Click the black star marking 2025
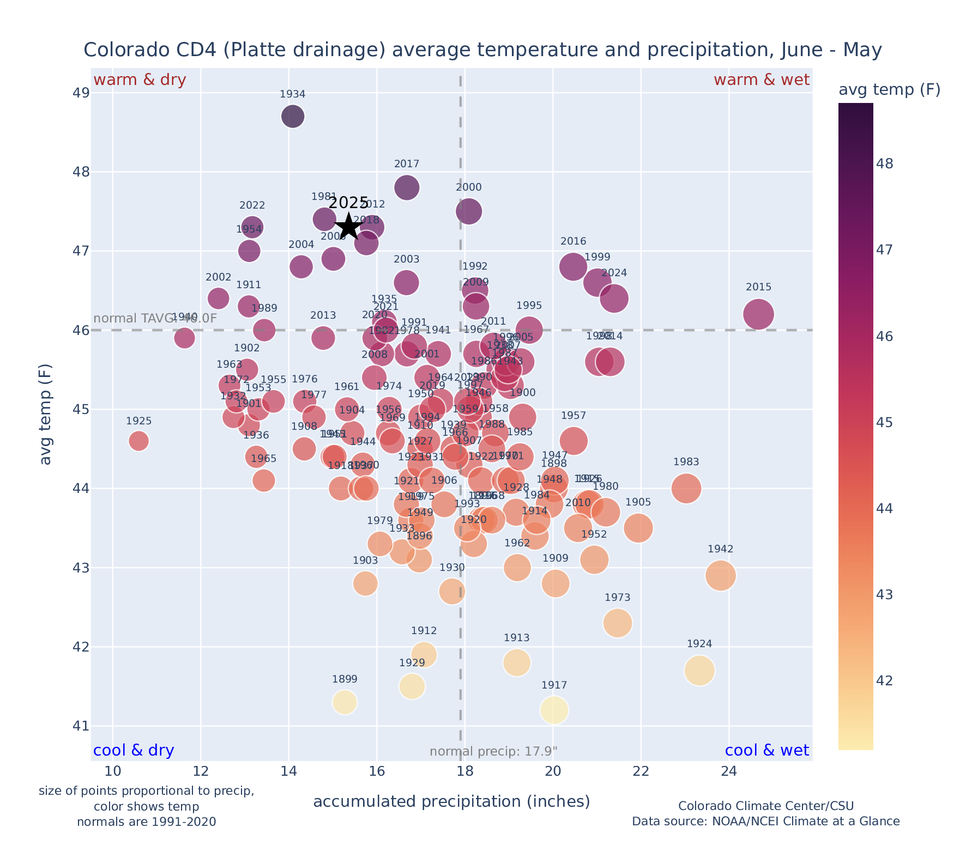pos(348,227)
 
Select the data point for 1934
pos(293,116)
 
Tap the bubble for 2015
pos(758,314)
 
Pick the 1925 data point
pos(139,441)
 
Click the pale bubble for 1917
pos(554,710)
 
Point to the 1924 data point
pos(699,671)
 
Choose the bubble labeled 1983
pos(686,488)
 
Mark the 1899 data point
pos(345,702)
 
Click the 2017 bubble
pos(407,187)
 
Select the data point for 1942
pos(721,575)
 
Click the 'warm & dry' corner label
pos(140,80)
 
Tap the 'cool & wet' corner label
pos(766,751)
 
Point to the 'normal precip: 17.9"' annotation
pos(493,752)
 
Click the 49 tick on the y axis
pos(81,93)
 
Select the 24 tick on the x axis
pos(729,771)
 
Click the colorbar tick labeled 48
pos(885,163)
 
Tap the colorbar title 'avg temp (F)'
pos(889,90)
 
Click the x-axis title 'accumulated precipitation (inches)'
pos(451,801)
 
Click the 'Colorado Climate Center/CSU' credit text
pos(765,806)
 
